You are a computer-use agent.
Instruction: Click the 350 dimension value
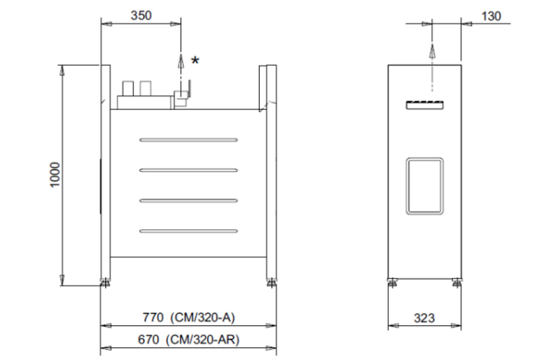pyautogui.click(x=141, y=16)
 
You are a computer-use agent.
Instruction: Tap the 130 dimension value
pyautogui.click(x=491, y=16)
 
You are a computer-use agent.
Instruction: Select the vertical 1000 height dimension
pyautogui.click(x=55, y=175)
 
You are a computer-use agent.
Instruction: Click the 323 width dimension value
pyautogui.click(x=425, y=318)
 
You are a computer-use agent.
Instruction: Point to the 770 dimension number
pyautogui.click(x=153, y=317)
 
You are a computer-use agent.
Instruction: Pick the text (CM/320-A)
pyautogui.click(x=202, y=318)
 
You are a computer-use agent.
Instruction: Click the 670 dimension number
pyautogui.click(x=148, y=340)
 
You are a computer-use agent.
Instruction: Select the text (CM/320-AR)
pyautogui.click(x=202, y=340)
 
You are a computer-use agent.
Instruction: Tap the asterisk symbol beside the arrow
pyautogui.click(x=195, y=60)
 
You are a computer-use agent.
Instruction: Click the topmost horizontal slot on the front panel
pyautogui.click(x=188, y=140)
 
